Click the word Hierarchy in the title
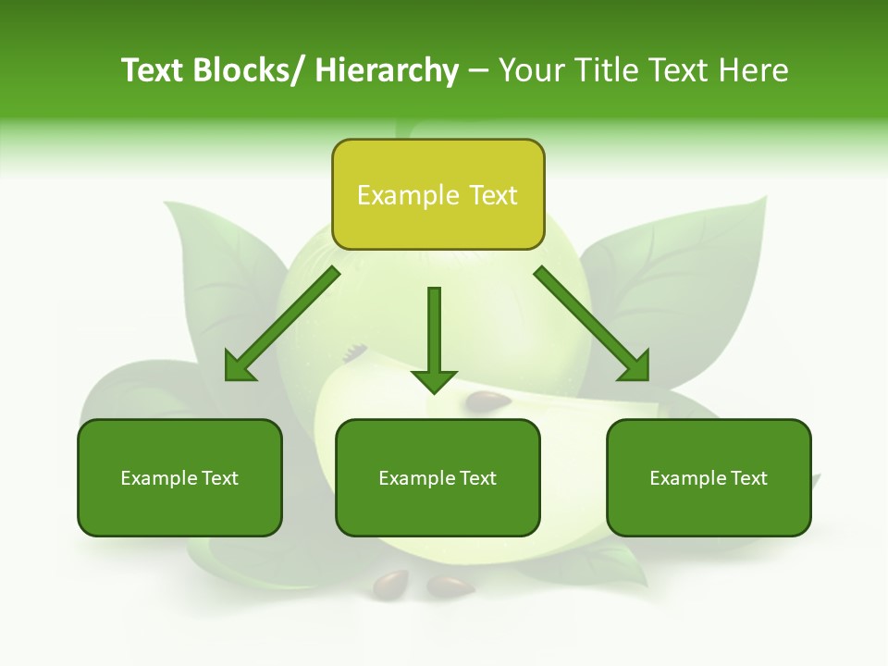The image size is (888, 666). pos(387,70)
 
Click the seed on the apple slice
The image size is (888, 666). pos(487,401)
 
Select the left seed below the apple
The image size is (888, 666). pos(389,583)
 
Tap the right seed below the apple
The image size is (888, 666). pos(450,586)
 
